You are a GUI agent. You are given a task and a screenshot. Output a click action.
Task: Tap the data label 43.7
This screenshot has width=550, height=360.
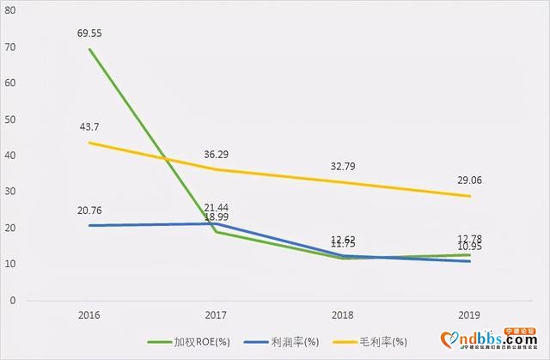tap(88, 126)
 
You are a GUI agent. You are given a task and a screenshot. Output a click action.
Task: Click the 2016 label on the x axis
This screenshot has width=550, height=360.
tap(89, 315)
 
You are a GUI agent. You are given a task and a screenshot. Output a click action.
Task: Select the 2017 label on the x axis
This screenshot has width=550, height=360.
tap(214, 315)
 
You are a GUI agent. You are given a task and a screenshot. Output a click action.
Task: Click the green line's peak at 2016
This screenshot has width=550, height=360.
tap(89, 49)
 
